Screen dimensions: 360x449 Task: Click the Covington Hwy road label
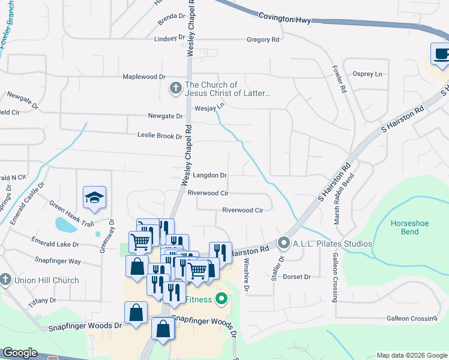point(285,20)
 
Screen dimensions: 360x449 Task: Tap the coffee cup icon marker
point(441,55)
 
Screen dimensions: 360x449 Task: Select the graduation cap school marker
point(95,198)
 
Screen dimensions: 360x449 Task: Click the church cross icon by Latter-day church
point(175,89)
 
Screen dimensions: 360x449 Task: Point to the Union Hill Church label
point(46,280)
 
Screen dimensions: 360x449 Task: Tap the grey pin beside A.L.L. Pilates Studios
point(283,244)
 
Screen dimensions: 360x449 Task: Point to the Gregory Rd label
point(263,40)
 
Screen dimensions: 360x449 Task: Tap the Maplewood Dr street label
point(143,77)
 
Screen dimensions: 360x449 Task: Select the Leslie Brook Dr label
point(160,136)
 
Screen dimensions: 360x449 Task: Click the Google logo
point(20,353)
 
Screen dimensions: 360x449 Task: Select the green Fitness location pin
point(221,298)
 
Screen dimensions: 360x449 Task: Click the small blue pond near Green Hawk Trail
point(64,225)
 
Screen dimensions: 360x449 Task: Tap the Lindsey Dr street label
point(169,38)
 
